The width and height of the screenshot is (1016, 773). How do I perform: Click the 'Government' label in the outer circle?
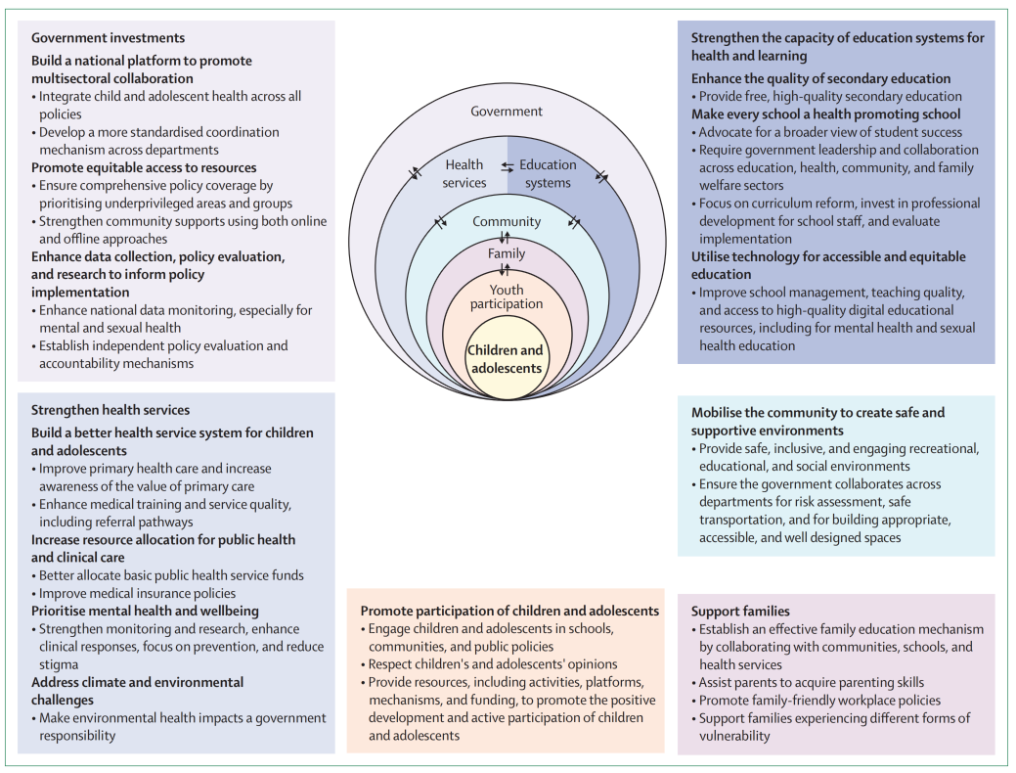click(x=507, y=112)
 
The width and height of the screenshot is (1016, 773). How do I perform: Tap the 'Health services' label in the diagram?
click(x=464, y=173)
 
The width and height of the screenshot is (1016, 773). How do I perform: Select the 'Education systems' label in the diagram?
click(x=548, y=173)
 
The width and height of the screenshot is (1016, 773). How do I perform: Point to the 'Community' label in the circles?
click(x=507, y=221)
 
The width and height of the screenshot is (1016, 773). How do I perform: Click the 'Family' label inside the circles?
click(x=507, y=253)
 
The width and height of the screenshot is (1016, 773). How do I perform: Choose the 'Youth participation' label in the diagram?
click(x=507, y=296)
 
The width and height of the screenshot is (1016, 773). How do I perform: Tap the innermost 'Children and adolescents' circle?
click(x=506, y=359)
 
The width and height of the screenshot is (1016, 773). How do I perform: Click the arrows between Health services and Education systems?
click(x=508, y=166)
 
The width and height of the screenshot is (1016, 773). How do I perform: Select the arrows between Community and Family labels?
click(x=506, y=238)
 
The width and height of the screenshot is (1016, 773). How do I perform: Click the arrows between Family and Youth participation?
click(x=506, y=270)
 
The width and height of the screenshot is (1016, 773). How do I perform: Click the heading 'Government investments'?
click(x=108, y=38)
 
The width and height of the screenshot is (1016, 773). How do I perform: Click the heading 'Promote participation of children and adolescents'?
click(x=509, y=611)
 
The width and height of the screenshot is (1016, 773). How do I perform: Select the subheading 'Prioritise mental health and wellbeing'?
click(x=145, y=611)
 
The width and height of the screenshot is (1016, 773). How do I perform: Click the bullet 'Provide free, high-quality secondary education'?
click(x=830, y=96)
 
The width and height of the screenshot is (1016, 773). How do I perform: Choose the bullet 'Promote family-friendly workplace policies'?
click(x=819, y=700)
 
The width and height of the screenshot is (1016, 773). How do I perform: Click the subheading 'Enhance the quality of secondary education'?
click(x=820, y=78)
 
